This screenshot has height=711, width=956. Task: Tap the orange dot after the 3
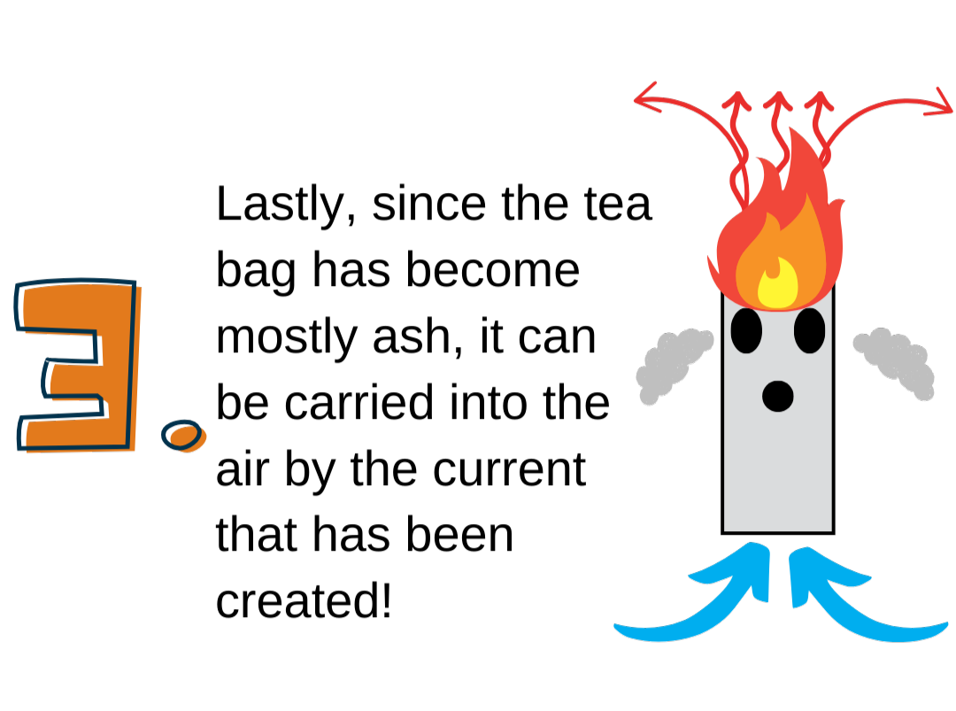pos(184,436)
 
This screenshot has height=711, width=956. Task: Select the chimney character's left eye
pos(746,330)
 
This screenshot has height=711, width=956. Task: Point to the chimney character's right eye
pos(809,330)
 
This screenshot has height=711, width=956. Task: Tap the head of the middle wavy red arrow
pos(777,99)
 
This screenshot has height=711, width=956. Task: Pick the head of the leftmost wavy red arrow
pos(736,99)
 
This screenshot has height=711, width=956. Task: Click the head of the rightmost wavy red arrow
pos(819,99)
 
